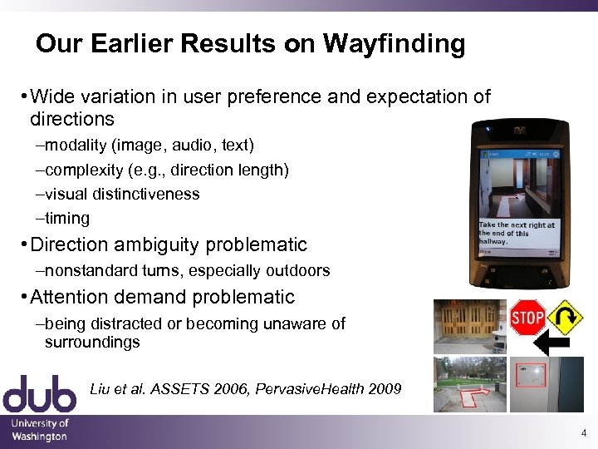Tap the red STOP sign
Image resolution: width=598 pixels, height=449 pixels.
click(527, 318)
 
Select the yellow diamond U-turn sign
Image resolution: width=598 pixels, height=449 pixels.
click(565, 317)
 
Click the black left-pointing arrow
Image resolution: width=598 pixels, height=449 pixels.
click(551, 343)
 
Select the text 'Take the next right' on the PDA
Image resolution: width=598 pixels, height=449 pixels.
click(517, 225)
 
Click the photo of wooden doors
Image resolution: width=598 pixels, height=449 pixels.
click(469, 325)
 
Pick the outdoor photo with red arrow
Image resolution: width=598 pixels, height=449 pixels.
click(469, 384)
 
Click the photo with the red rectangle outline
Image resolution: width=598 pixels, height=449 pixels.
click(547, 384)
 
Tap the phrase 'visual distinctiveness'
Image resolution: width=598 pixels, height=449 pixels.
click(122, 194)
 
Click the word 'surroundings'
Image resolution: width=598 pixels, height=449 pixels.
click(92, 342)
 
